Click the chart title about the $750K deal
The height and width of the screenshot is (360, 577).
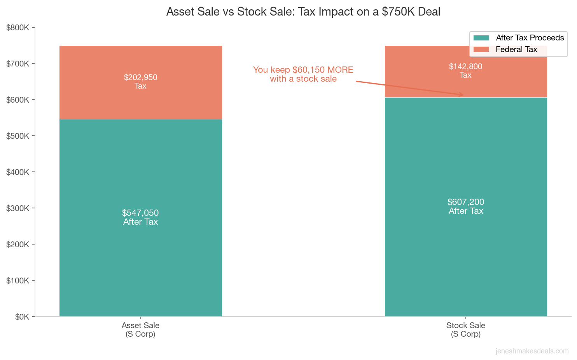(303, 12)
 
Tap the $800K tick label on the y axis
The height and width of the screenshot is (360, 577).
(18, 28)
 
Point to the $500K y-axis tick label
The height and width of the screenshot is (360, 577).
(18, 136)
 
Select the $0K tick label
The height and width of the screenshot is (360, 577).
(22, 317)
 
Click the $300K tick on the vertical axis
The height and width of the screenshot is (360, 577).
(18, 208)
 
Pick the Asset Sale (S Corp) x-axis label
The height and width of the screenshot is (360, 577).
(140, 330)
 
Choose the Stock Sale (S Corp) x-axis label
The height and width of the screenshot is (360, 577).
(465, 330)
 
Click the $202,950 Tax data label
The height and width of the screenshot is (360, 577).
(140, 81)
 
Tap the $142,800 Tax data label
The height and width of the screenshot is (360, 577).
(465, 70)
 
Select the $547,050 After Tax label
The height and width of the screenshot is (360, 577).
(140, 217)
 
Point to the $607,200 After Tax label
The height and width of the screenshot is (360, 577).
(465, 206)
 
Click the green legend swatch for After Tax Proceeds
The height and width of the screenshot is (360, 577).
(481, 38)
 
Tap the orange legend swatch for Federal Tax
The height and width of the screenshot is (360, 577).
(481, 49)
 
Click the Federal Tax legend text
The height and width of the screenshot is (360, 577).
(516, 49)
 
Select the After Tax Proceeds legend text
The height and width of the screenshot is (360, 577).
(530, 38)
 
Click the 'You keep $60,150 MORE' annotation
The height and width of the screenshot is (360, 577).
(303, 74)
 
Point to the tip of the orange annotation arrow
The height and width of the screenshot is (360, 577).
(463, 95)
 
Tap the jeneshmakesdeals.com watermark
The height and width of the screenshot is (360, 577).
(532, 351)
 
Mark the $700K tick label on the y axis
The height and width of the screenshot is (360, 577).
(18, 64)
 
